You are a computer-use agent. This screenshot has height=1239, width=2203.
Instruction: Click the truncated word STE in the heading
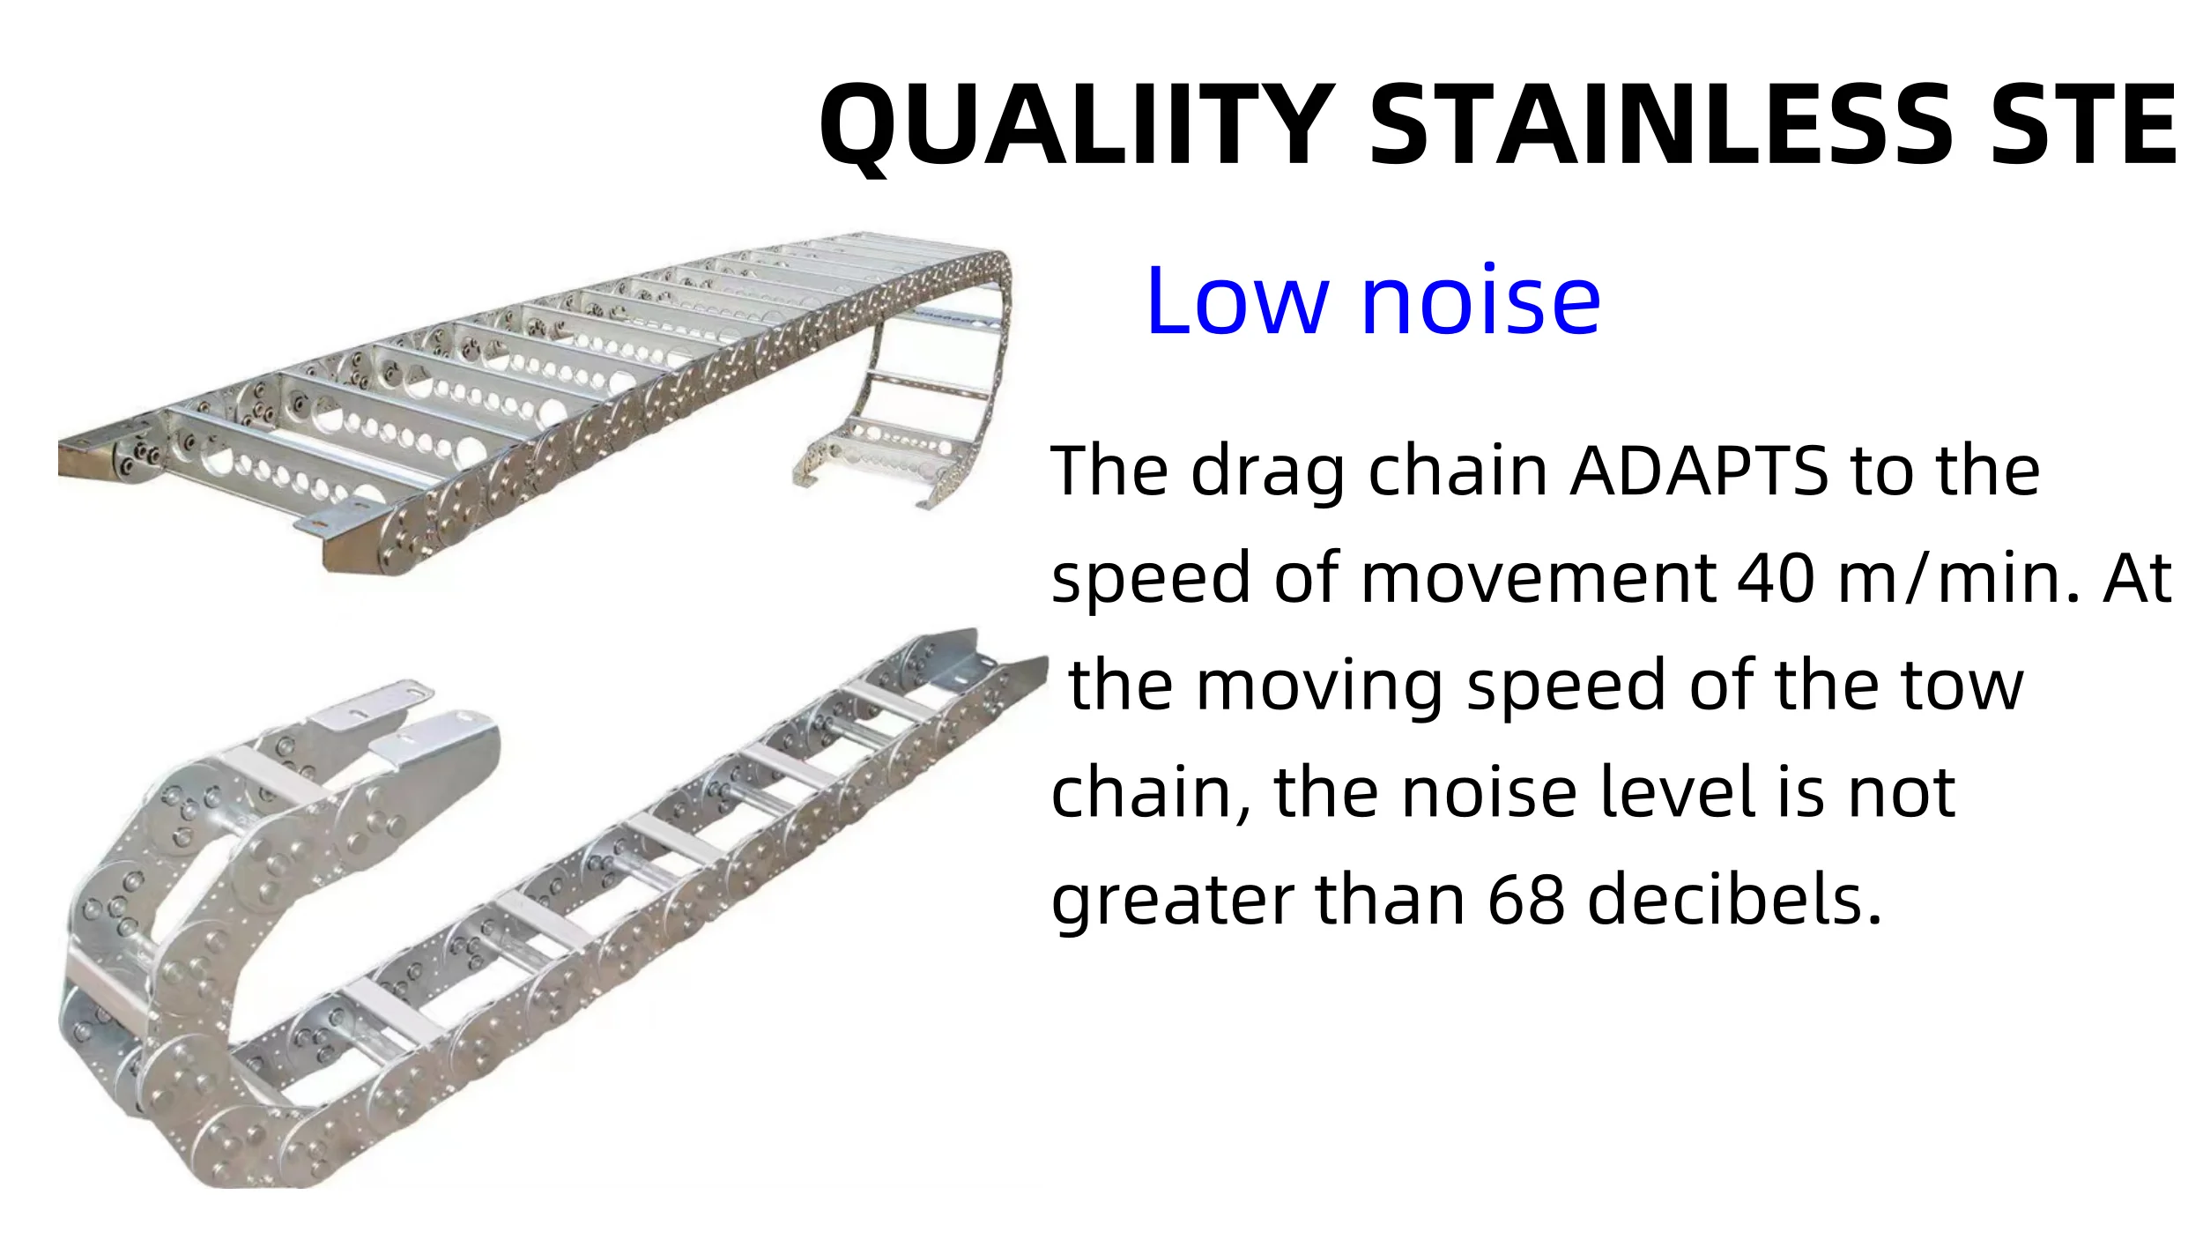[x=2083, y=124]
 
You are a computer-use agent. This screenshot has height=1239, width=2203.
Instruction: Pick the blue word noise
[x=1480, y=301]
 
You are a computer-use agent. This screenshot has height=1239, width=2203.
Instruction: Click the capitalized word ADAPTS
[x=1700, y=471]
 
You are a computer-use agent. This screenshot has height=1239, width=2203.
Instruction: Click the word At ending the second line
[x=2138, y=579]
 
